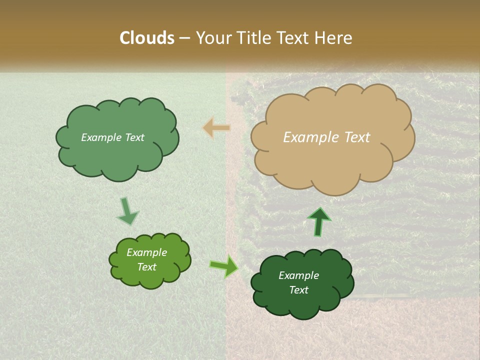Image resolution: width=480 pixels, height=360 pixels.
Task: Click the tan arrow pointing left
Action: click(x=216, y=128)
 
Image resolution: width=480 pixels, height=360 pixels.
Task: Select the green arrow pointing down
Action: click(x=127, y=211)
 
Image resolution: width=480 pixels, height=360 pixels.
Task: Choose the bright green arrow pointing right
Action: click(x=224, y=265)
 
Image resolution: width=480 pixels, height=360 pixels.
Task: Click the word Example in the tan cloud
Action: click(x=311, y=137)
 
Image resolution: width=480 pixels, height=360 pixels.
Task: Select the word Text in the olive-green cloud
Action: click(x=146, y=267)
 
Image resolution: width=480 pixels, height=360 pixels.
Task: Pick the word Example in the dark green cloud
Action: click(x=298, y=275)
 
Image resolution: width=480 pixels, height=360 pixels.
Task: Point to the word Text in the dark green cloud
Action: click(x=298, y=290)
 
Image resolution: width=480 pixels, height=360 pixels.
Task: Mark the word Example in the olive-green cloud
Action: click(x=146, y=252)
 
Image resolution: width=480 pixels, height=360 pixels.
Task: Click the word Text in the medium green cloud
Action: click(x=134, y=137)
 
